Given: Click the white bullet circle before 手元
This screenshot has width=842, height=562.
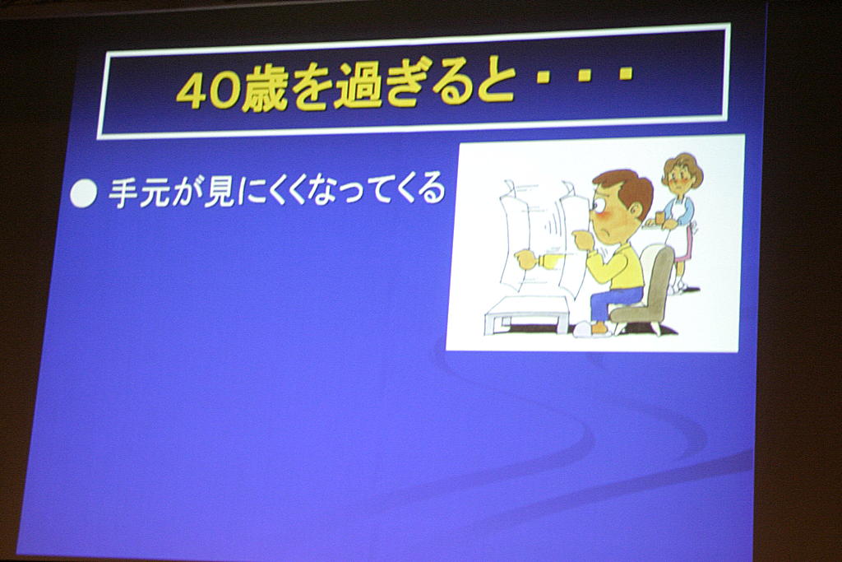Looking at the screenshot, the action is click(84, 193).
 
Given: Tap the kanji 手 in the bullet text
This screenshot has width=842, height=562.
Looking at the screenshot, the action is click(123, 193).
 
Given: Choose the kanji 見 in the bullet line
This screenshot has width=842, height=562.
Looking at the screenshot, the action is click(219, 191).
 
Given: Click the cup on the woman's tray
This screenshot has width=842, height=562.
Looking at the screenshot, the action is click(660, 217).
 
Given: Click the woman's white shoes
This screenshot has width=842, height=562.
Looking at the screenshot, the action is click(677, 287).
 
